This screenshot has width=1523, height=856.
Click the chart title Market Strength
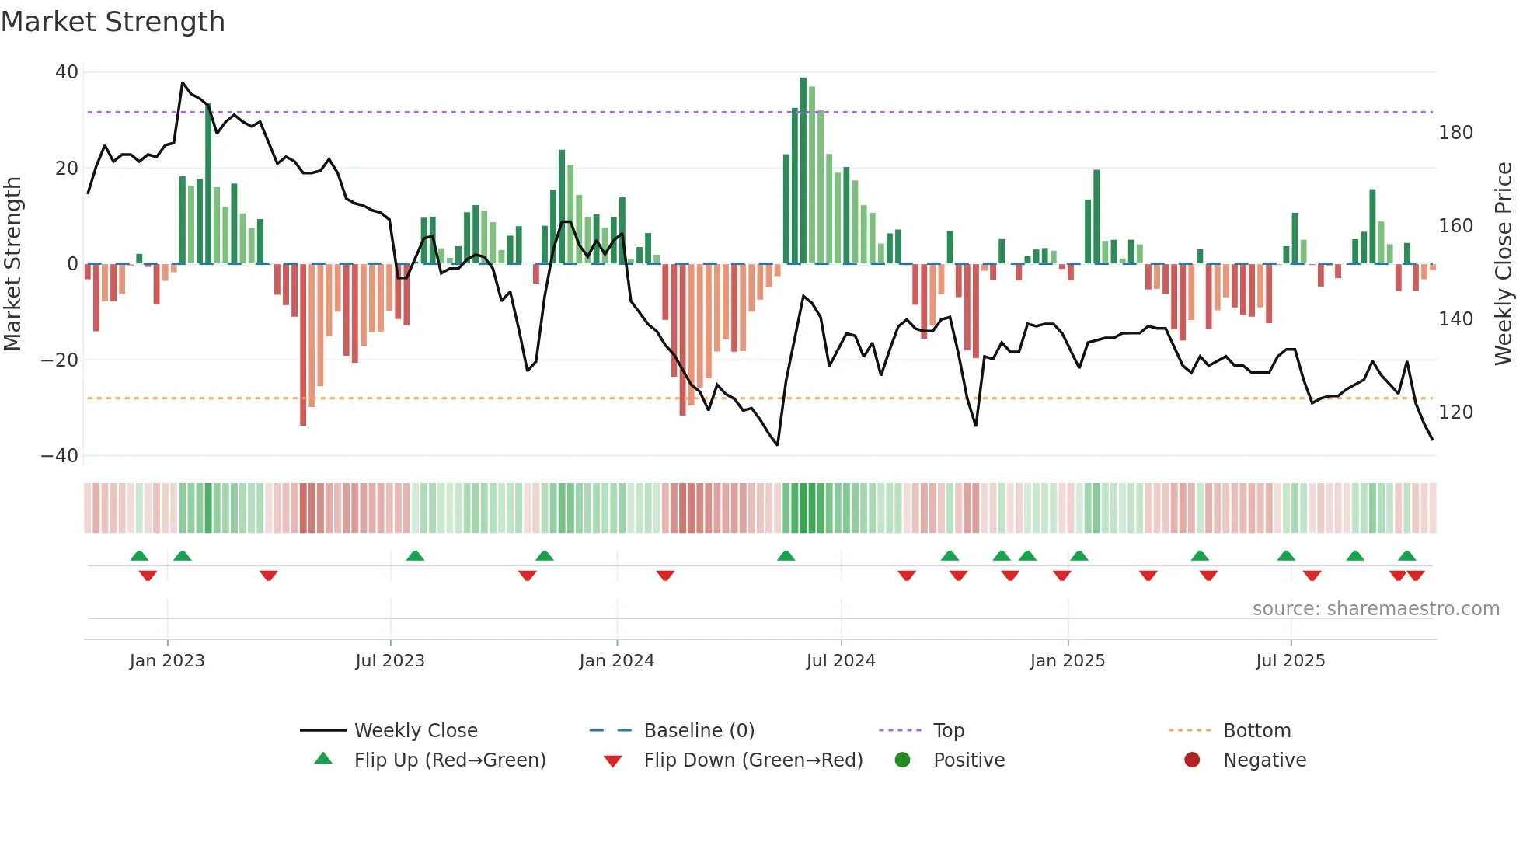(113, 22)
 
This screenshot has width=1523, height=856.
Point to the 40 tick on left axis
(67, 72)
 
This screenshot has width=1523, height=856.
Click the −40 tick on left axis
(60, 456)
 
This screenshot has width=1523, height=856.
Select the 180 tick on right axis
(1455, 133)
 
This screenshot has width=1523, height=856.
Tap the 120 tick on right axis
(1455, 412)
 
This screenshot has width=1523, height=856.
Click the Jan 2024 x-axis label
(616, 661)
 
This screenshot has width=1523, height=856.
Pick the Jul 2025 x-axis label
(1290, 661)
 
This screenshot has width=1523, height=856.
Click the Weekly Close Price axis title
(1504, 264)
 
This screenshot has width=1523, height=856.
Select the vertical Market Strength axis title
(13, 264)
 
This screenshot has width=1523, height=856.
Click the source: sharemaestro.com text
(1375, 609)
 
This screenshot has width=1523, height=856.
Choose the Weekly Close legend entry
(415, 731)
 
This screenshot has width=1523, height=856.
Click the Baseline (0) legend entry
(699, 731)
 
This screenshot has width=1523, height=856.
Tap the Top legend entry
(948, 731)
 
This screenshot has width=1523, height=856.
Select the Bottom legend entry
(1256, 731)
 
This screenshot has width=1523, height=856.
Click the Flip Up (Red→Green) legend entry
(449, 760)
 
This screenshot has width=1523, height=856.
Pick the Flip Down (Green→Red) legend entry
(752, 760)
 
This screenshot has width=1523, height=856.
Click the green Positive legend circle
(902, 760)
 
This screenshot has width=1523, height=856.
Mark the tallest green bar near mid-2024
(803, 171)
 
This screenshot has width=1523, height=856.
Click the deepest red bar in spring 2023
(303, 346)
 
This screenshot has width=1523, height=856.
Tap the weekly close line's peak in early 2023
(183, 83)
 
